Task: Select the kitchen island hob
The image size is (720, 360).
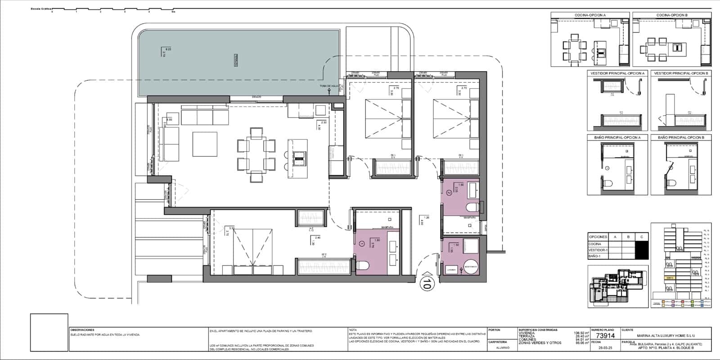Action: (x=299, y=157)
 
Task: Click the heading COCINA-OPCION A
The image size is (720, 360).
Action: (x=589, y=15)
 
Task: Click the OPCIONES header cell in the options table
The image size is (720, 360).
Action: (x=598, y=237)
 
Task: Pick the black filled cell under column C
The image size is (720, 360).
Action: (x=641, y=250)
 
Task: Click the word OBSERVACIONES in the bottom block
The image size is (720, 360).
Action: (x=82, y=330)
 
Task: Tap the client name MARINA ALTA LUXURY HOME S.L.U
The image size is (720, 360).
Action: (x=666, y=335)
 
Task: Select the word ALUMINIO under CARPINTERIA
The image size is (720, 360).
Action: (x=503, y=347)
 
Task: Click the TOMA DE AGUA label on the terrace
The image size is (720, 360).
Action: (x=328, y=86)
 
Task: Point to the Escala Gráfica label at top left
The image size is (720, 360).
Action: (x=40, y=9)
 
